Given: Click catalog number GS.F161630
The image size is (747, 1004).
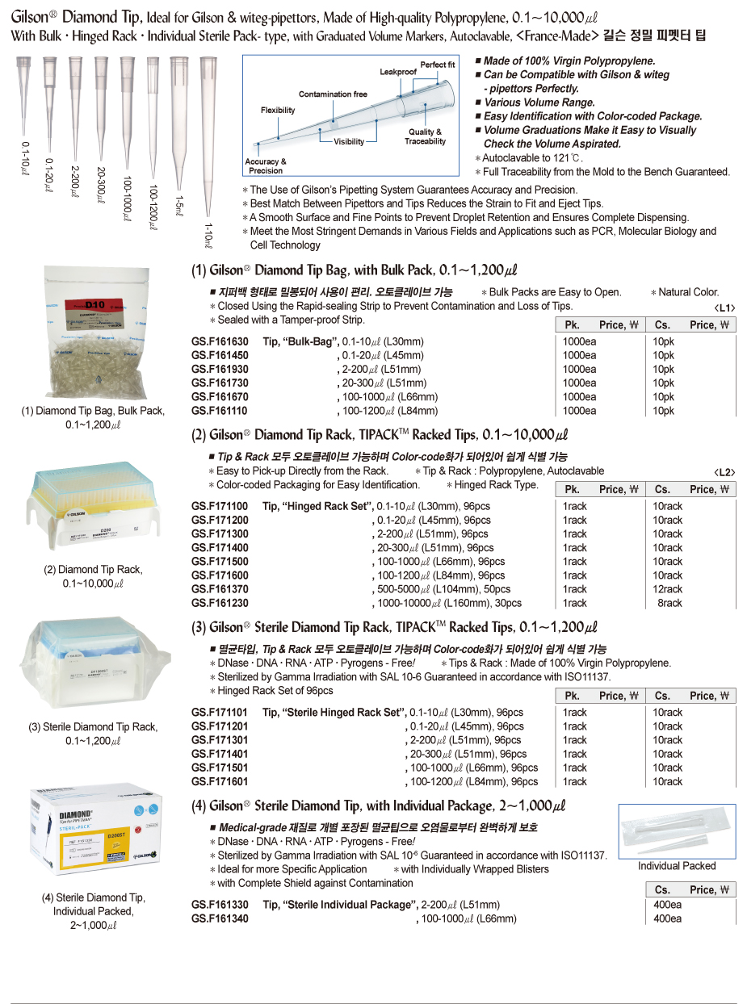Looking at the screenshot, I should click(x=220, y=341).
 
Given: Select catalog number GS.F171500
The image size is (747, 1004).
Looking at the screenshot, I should click(x=220, y=561).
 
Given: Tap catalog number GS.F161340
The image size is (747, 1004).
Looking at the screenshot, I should click(x=220, y=918).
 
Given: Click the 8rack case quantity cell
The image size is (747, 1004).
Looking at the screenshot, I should click(x=669, y=603).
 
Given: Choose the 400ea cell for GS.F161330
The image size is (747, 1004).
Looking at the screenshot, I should click(x=667, y=905).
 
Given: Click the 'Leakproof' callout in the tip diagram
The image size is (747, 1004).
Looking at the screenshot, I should click(x=398, y=72).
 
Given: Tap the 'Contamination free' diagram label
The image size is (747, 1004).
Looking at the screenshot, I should click(x=333, y=94).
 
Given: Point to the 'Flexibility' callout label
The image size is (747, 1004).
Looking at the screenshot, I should click(x=278, y=110).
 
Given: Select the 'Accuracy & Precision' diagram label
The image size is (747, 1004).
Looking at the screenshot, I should click(x=266, y=166).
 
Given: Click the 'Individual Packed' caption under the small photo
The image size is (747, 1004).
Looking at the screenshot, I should click(x=677, y=866).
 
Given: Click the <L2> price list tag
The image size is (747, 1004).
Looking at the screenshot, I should click(x=724, y=472).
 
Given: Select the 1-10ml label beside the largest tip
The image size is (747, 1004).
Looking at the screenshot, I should click(x=209, y=235).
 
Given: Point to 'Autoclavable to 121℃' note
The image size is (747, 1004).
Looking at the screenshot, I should click(x=529, y=158).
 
